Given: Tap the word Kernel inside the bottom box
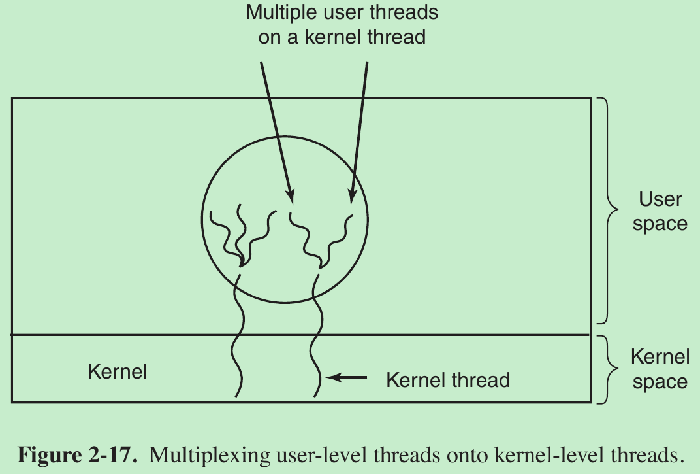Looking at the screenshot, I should click(118, 372).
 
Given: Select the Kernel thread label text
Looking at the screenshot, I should click(448, 379).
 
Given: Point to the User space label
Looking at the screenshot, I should click(660, 211).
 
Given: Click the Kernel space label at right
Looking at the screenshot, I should click(660, 369).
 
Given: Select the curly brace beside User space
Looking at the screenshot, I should click(608, 211).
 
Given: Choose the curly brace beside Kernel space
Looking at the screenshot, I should click(608, 369).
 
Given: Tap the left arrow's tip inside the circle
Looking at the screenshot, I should click(290, 199).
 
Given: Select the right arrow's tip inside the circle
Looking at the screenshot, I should click(351, 199).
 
